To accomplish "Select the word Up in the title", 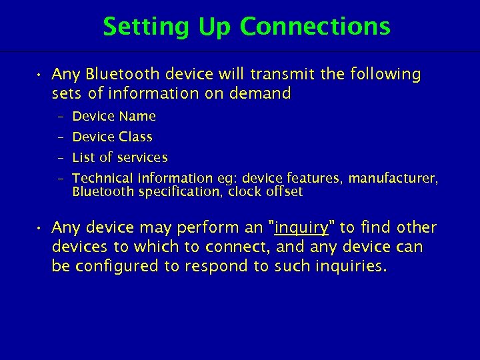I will (x=215, y=27).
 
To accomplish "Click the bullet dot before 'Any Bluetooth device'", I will (x=41, y=75).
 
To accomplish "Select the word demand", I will (x=260, y=93).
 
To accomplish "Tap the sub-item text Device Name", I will (x=114, y=117).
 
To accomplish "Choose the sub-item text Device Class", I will (x=112, y=137).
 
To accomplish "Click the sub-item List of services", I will (x=120, y=158).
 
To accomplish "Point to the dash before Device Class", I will (x=60, y=137).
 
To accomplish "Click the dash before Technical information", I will (x=60, y=179).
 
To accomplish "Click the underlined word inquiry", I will (x=301, y=228).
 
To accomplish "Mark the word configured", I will (x=117, y=267).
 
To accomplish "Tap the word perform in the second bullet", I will (x=201, y=228).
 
